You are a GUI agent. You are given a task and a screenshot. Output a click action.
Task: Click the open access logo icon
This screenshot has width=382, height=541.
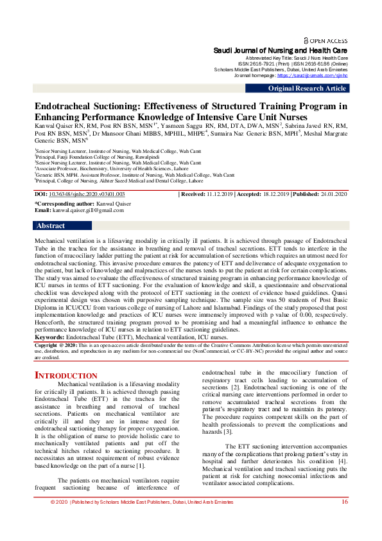(306, 40)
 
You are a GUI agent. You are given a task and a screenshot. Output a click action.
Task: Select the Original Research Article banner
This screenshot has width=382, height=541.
(307, 89)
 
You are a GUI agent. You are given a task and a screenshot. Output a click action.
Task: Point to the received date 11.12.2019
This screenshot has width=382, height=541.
(220, 193)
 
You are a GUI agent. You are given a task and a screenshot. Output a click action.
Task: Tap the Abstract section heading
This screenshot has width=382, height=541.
(51, 226)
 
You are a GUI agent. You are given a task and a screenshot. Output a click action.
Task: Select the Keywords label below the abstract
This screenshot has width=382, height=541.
(49, 337)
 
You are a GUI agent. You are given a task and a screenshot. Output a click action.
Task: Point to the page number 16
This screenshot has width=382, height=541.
(345, 520)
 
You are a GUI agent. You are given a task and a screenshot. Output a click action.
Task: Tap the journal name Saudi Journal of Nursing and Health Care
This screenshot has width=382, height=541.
(281, 49)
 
